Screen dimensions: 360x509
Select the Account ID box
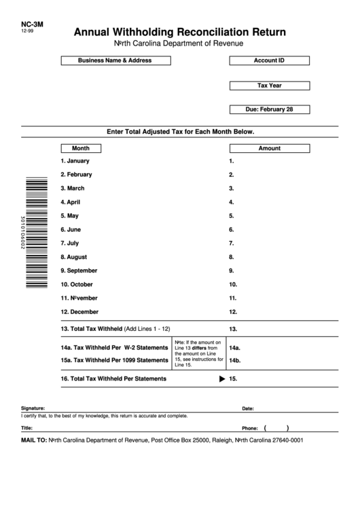coord(269,60)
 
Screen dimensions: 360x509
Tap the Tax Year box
coord(269,86)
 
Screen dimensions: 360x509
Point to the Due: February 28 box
coord(269,109)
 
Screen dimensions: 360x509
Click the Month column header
coord(81,148)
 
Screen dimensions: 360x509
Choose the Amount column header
coord(269,148)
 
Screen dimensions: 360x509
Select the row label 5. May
coord(70,215)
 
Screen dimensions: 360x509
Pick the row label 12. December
coord(79,312)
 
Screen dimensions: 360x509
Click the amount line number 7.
coord(232,243)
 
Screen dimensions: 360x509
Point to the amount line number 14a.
coord(235,347)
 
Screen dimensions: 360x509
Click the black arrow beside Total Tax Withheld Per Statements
coord(221,379)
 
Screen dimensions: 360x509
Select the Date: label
coord(248,408)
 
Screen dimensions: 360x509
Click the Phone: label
coord(250,429)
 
